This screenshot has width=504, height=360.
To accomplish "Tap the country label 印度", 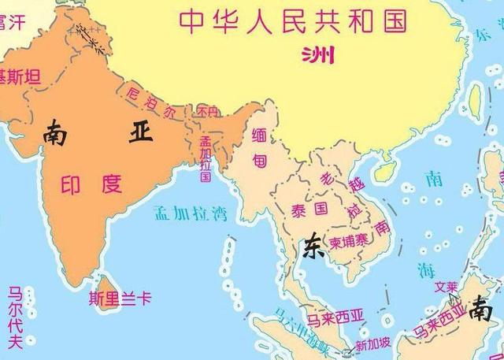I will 92,185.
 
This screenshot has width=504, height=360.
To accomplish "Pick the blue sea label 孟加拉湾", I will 187,212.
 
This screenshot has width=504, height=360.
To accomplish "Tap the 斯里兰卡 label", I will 120,299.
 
